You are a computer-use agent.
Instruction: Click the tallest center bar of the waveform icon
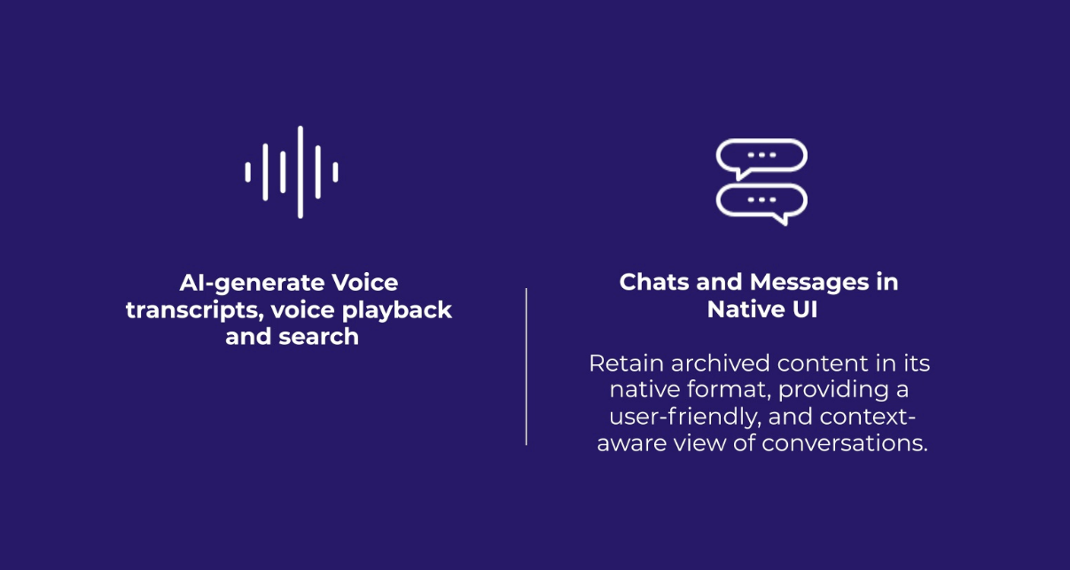pyautogui.click(x=301, y=172)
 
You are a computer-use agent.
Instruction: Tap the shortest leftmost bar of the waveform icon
pyautogui.click(x=248, y=172)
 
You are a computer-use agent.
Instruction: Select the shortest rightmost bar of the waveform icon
pyautogui.click(x=335, y=172)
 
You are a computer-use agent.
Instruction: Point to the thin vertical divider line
pyautogui.click(x=526, y=366)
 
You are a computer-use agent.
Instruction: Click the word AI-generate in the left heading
pyautogui.click(x=252, y=284)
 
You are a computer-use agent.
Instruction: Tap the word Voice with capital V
pyautogui.click(x=365, y=283)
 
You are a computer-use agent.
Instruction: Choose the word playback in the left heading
pyautogui.click(x=397, y=310)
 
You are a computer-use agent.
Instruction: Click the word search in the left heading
pyautogui.click(x=318, y=337)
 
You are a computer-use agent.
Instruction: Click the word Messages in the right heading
pyautogui.click(x=809, y=283)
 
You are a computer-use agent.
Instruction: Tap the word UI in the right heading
pyautogui.click(x=805, y=309)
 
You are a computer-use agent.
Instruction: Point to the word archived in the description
pyautogui.click(x=721, y=363)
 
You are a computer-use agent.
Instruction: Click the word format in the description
pyautogui.click(x=730, y=390)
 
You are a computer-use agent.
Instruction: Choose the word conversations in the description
pyautogui.click(x=845, y=443)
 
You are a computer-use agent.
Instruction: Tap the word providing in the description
pyautogui.click(x=833, y=390)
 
